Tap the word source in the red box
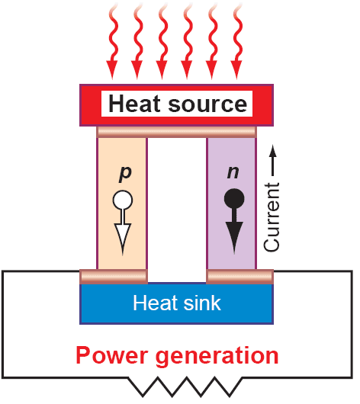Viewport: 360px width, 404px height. (x=208, y=104)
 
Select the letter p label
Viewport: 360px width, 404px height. (x=125, y=173)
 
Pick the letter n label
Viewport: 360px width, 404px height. (x=233, y=172)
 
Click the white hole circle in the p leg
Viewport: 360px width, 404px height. (x=123, y=200)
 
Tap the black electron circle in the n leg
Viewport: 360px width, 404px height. (x=234, y=199)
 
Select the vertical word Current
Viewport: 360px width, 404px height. (x=272, y=217)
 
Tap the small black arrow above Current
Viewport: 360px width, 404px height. (x=273, y=161)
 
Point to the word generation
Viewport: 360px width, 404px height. (x=217, y=357)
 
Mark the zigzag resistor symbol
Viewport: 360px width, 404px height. (x=185, y=386)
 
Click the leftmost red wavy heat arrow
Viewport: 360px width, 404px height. (x=113, y=41)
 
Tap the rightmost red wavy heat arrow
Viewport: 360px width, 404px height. (x=236, y=41)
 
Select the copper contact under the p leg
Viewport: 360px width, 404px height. (x=114, y=277)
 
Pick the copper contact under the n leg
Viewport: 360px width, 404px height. (x=239, y=277)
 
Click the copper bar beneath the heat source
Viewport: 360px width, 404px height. (x=177, y=132)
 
